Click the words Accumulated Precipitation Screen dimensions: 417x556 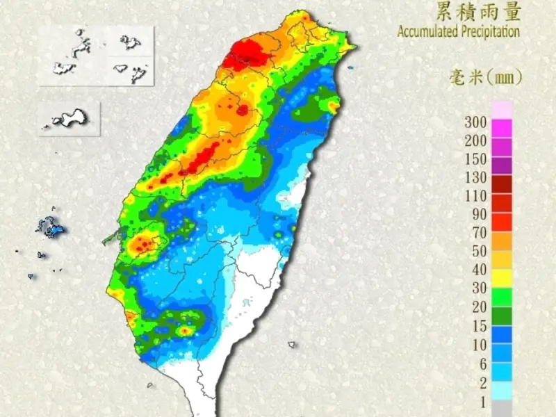(x=458, y=32)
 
